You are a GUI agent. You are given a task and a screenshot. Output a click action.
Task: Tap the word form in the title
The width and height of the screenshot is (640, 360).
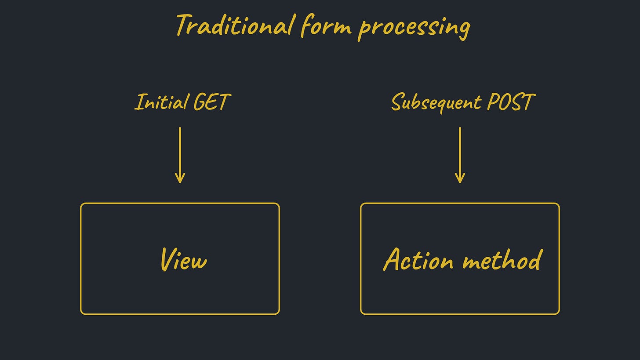click(326, 26)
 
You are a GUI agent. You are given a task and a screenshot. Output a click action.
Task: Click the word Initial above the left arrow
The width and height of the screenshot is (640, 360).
click(161, 102)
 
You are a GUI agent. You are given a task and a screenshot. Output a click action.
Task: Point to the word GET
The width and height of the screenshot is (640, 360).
click(211, 102)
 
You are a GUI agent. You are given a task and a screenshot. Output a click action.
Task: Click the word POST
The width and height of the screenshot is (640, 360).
click(511, 102)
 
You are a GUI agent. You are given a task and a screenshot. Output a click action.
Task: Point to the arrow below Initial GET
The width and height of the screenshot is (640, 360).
click(180, 154)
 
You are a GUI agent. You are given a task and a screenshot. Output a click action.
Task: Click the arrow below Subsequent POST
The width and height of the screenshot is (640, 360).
click(460, 154)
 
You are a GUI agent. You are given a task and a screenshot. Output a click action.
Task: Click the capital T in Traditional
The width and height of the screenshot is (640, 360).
click(183, 25)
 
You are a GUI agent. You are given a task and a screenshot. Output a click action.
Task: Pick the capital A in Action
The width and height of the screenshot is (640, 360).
click(392, 259)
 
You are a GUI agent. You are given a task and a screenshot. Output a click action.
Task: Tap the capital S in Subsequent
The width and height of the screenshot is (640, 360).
click(397, 102)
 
